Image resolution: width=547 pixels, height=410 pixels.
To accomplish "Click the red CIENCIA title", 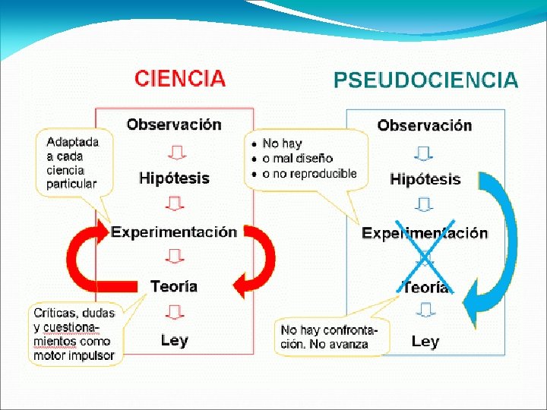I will pyautogui.click(x=180, y=77).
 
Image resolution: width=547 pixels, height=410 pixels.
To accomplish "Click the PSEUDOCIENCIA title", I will pyautogui.click(x=426, y=80).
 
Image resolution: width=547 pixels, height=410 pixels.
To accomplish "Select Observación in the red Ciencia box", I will pyautogui.click(x=174, y=124).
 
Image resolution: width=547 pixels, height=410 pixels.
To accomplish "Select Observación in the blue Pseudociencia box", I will pyautogui.click(x=425, y=125).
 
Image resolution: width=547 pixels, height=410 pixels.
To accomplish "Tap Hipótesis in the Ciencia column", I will pyautogui.click(x=174, y=178).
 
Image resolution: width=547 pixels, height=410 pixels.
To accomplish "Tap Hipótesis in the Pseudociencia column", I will pyautogui.click(x=425, y=180).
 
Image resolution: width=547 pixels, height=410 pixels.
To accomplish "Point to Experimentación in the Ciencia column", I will pyautogui.click(x=174, y=232).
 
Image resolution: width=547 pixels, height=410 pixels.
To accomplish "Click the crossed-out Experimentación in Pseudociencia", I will pyautogui.click(x=425, y=233).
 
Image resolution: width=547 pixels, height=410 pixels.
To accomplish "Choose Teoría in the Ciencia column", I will pyautogui.click(x=174, y=286).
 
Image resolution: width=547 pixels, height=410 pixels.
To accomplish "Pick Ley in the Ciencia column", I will pyautogui.click(x=174, y=340).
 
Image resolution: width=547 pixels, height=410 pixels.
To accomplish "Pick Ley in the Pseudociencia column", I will pyautogui.click(x=425, y=342).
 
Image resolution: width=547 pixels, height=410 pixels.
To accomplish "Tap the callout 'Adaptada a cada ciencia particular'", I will pyautogui.click(x=72, y=162).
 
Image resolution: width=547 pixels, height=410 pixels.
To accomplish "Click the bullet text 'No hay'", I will pyautogui.click(x=282, y=143).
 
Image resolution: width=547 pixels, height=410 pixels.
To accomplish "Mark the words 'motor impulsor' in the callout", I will pyautogui.click(x=74, y=355).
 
